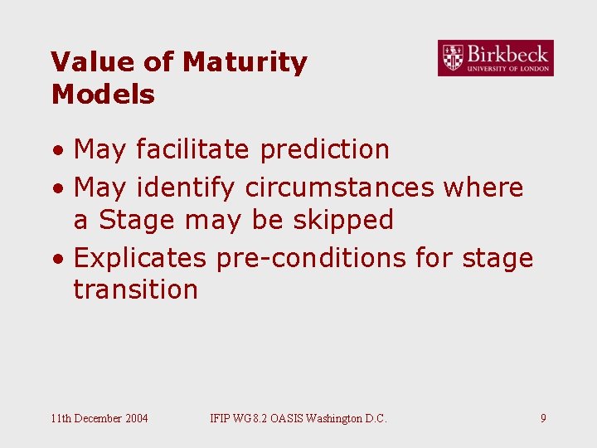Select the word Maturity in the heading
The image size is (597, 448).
coord(245,62)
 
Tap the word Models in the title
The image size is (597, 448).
coord(103,95)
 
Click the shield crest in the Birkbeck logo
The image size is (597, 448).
coord(453,58)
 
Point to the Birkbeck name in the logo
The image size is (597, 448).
coord(507,54)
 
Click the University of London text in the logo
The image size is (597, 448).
coord(507,68)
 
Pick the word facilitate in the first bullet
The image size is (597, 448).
coord(192,149)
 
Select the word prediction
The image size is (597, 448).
coord(324,149)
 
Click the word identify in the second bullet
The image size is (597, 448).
coord(185,187)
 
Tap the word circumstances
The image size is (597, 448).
coord(339,187)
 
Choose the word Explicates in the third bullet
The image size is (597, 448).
coord(139,258)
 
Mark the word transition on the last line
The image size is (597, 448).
coord(136,290)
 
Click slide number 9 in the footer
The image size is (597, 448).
coord(543,418)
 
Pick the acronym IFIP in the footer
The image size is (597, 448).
coord(222,418)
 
